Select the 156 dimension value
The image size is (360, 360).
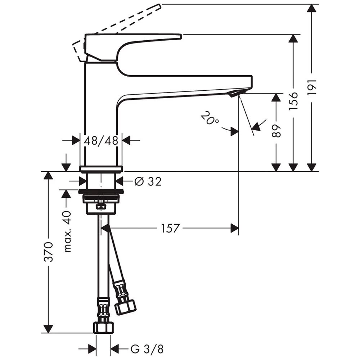pos(293,101)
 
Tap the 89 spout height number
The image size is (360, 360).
pos(276,131)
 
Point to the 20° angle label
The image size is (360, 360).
pos(210,118)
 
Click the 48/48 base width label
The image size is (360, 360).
pos(101,140)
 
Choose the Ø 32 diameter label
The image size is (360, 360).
pos(148,181)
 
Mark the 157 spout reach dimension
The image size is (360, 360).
pos(170,228)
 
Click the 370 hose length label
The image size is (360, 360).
pos(49,252)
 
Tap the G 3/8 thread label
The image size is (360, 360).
pos(147,349)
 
